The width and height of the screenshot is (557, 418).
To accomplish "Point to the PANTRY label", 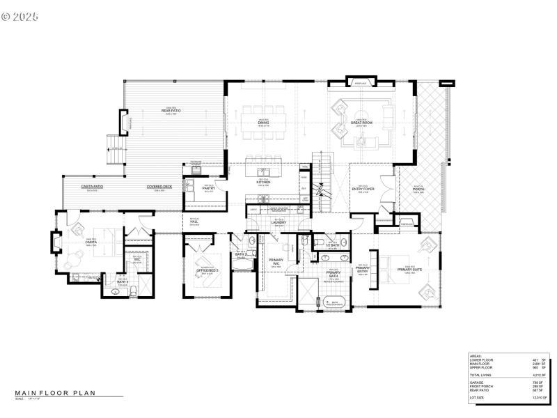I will coord(207,188).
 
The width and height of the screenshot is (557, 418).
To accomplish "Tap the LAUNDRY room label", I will coord(280,223).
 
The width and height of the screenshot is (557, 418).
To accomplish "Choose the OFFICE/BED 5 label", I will coord(207,270).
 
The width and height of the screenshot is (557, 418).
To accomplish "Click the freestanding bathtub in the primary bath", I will coord(335,302).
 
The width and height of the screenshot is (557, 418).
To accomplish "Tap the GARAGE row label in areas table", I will coord(477,381).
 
